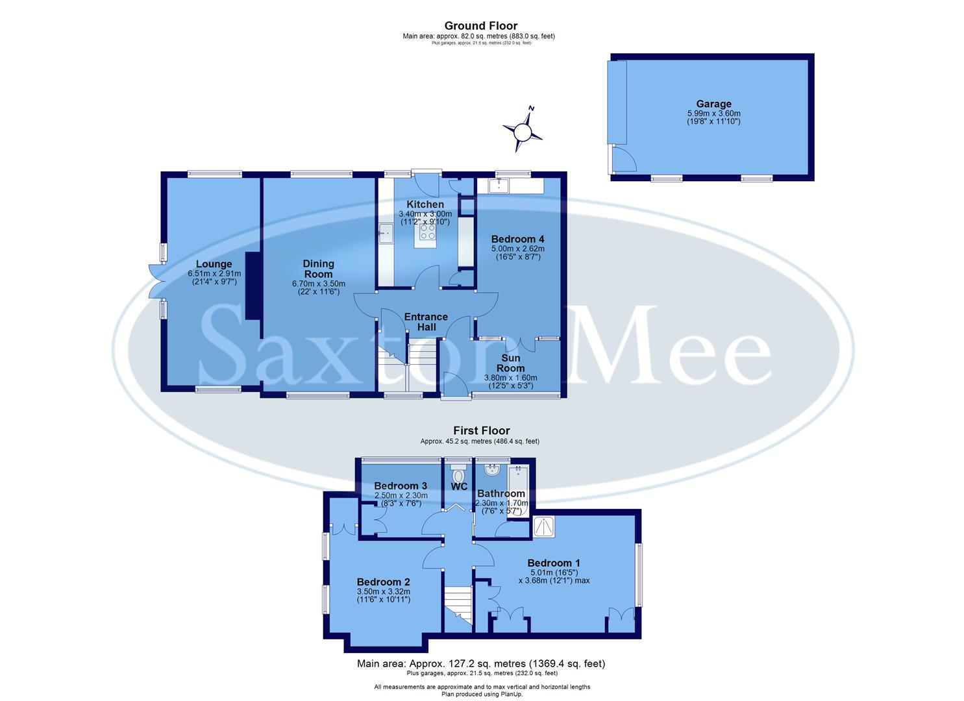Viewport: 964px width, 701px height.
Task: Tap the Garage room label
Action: click(713, 104)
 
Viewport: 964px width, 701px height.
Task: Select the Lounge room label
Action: click(214, 264)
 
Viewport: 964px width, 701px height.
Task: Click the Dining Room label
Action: click(318, 269)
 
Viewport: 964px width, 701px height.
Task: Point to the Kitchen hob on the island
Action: click(428, 232)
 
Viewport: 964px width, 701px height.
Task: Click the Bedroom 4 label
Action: click(517, 239)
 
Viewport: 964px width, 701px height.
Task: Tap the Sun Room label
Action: click(511, 363)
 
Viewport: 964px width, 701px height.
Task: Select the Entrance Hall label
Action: click(426, 322)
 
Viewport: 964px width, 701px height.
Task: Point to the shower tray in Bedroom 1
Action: click(543, 526)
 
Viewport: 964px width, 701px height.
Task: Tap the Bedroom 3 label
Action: click(401, 486)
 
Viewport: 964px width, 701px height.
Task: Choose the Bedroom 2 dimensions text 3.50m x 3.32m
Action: click(383, 591)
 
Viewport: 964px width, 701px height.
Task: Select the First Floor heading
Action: click(481, 430)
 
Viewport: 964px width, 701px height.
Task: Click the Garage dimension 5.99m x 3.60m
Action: click(713, 113)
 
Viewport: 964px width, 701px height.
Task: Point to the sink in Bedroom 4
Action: click(499, 186)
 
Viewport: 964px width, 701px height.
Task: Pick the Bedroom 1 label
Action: click(554, 563)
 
